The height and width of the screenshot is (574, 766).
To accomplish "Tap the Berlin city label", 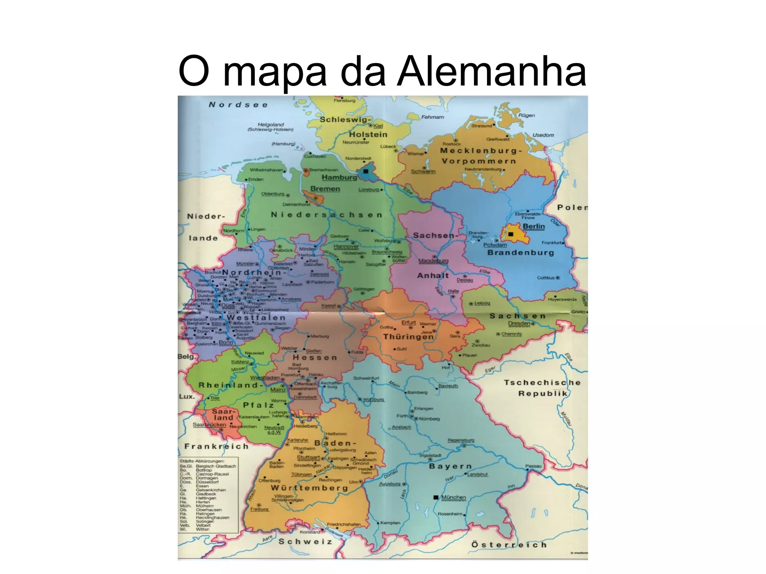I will pyautogui.click(x=533, y=226).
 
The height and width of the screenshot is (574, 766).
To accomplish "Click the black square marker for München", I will pyautogui.click(x=435, y=497).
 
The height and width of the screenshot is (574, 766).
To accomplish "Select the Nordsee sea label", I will pyautogui.click(x=238, y=105).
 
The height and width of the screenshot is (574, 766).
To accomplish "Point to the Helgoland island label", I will pyautogui.click(x=271, y=125).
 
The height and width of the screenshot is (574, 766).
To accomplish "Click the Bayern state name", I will pyautogui.click(x=450, y=466).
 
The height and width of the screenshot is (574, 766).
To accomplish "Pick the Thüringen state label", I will pyautogui.click(x=408, y=337).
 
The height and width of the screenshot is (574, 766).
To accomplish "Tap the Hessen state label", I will pyautogui.click(x=315, y=357).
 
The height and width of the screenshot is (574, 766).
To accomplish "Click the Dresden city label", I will pyautogui.click(x=519, y=323).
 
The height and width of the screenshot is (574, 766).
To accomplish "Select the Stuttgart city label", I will pyautogui.click(x=308, y=457).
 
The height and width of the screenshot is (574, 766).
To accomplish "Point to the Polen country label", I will pyautogui.click(x=572, y=208).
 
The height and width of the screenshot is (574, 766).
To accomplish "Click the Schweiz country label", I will pyautogui.click(x=305, y=541).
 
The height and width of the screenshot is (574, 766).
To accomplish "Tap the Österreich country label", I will pyautogui.click(x=509, y=545).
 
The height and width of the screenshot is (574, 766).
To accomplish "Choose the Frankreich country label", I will pyautogui.click(x=216, y=446).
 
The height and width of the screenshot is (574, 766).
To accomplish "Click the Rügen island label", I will pyautogui.click(x=526, y=116).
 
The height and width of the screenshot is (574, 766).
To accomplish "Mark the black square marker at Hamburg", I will pyautogui.click(x=366, y=171).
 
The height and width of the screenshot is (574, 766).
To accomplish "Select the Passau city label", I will pyautogui.click(x=533, y=466).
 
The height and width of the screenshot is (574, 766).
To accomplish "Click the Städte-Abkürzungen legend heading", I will pyautogui.click(x=202, y=461).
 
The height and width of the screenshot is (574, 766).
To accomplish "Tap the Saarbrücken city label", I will pyautogui.click(x=209, y=425).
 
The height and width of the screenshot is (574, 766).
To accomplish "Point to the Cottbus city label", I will pyautogui.click(x=546, y=278).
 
